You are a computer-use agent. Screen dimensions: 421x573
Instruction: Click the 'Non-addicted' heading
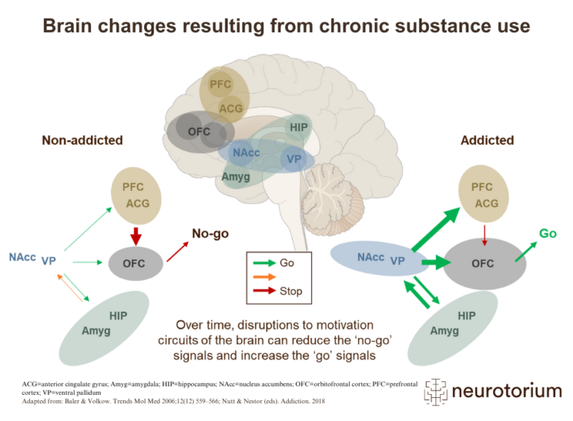coord(82,140)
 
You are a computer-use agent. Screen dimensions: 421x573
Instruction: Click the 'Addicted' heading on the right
coord(487,140)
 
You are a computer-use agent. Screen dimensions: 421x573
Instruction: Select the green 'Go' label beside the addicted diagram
coord(548,234)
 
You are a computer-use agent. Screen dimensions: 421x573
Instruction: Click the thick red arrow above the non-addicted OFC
coord(135,235)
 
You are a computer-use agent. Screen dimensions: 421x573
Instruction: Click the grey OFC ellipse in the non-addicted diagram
coord(134,263)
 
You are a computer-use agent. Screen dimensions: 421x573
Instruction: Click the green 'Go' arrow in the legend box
coord(263,263)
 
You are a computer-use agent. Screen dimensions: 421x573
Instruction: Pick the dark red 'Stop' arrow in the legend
coord(263,290)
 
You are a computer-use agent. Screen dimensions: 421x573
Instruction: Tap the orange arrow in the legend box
coord(263,277)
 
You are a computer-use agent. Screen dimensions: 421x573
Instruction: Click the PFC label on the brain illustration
coord(220,84)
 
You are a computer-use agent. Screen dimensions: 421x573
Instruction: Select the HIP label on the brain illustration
coord(298,128)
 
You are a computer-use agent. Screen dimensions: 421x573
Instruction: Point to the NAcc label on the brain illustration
coord(246,152)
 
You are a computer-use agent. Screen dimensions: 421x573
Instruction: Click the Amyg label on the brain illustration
coord(236,177)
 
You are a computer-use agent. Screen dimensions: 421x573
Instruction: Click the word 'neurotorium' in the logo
coord(507,390)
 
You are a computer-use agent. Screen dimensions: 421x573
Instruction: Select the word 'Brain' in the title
coord(69,26)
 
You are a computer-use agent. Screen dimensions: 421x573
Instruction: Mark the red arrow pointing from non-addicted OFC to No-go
coord(177,250)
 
